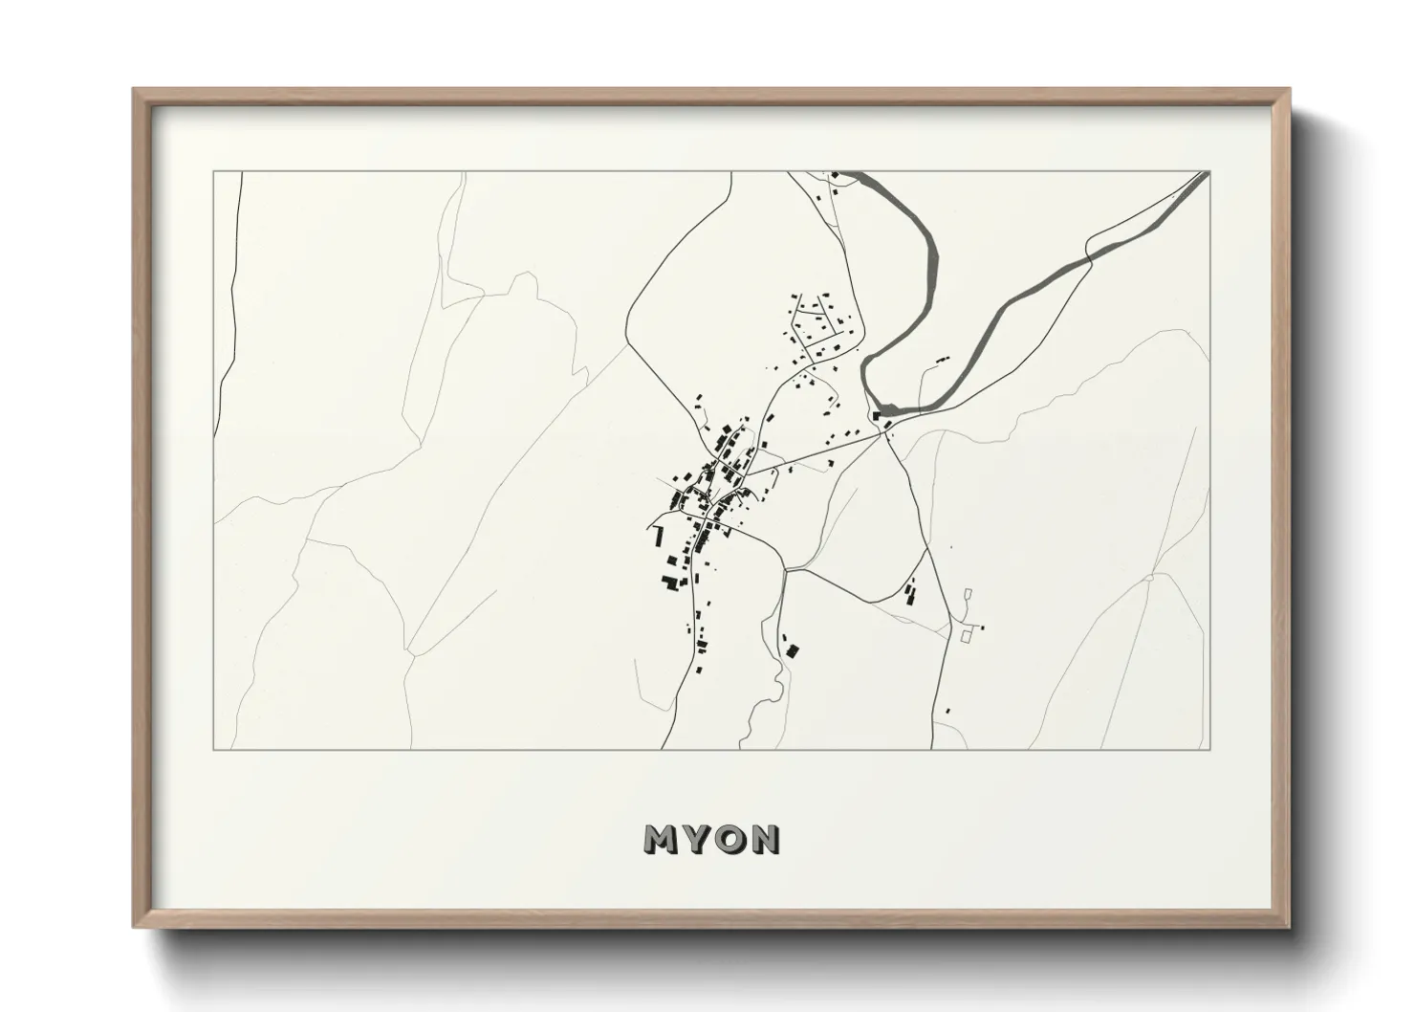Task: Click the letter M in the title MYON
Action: click(x=662, y=839)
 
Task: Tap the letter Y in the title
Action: click(x=698, y=839)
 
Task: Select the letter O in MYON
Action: click(x=731, y=839)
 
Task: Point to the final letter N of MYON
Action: click(x=766, y=839)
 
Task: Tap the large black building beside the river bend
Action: click(x=878, y=415)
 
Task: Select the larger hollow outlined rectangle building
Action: click(x=966, y=634)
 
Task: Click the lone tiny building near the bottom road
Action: click(x=947, y=711)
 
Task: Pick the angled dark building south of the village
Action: click(x=792, y=650)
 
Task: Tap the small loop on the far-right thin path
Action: click(x=1150, y=579)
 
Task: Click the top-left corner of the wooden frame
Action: click(x=135, y=90)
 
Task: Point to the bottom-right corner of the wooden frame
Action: click(x=1290, y=926)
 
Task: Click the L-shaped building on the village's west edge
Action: click(x=658, y=534)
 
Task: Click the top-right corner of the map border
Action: click(x=1208, y=172)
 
